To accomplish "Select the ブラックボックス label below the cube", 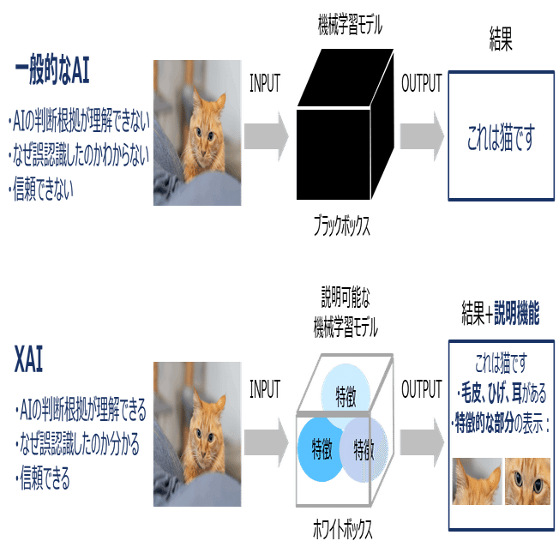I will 341,226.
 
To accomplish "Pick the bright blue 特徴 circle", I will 321,448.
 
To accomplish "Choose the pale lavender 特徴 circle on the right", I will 364,448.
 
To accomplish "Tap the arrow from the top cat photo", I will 267,135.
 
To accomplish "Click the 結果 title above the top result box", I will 500,43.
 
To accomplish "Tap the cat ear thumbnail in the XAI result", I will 477,482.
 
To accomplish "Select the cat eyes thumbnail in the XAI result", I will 527,482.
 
